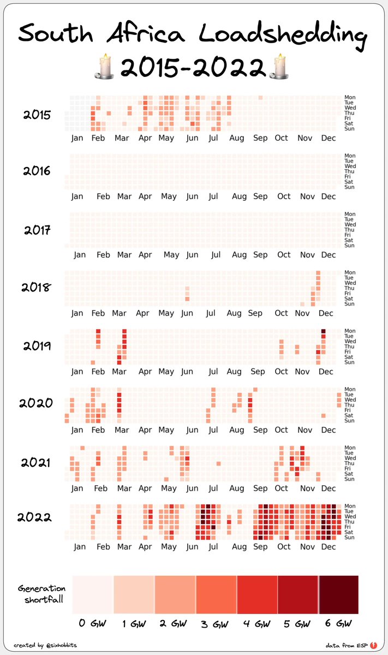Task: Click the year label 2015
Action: pyautogui.click(x=37, y=115)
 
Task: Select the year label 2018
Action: pyautogui.click(x=36, y=287)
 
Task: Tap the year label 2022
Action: pyautogui.click(x=34, y=517)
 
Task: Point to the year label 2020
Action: pyautogui.click(x=36, y=404)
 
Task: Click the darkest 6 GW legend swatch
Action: pyautogui.click(x=339, y=594)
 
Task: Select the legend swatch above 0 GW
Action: pyautogui.click(x=93, y=594)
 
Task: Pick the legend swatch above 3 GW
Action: pyautogui.click(x=216, y=594)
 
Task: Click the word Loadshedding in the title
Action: pyautogui.click(x=283, y=35)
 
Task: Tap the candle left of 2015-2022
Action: pyautogui.click(x=106, y=67)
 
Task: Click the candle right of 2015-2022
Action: pyautogui.click(x=279, y=67)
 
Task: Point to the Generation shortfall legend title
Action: pyautogui.click(x=41, y=594)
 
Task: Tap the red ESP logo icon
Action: pyautogui.click(x=373, y=645)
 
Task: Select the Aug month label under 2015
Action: pyautogui.click(x=236, y=138)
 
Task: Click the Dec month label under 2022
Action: pyautogui.click(x=328, y=546)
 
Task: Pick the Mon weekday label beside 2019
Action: pyautogui.click(x=350, y=331)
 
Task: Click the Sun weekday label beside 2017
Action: pyautogui.click(x=350, y=246)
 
